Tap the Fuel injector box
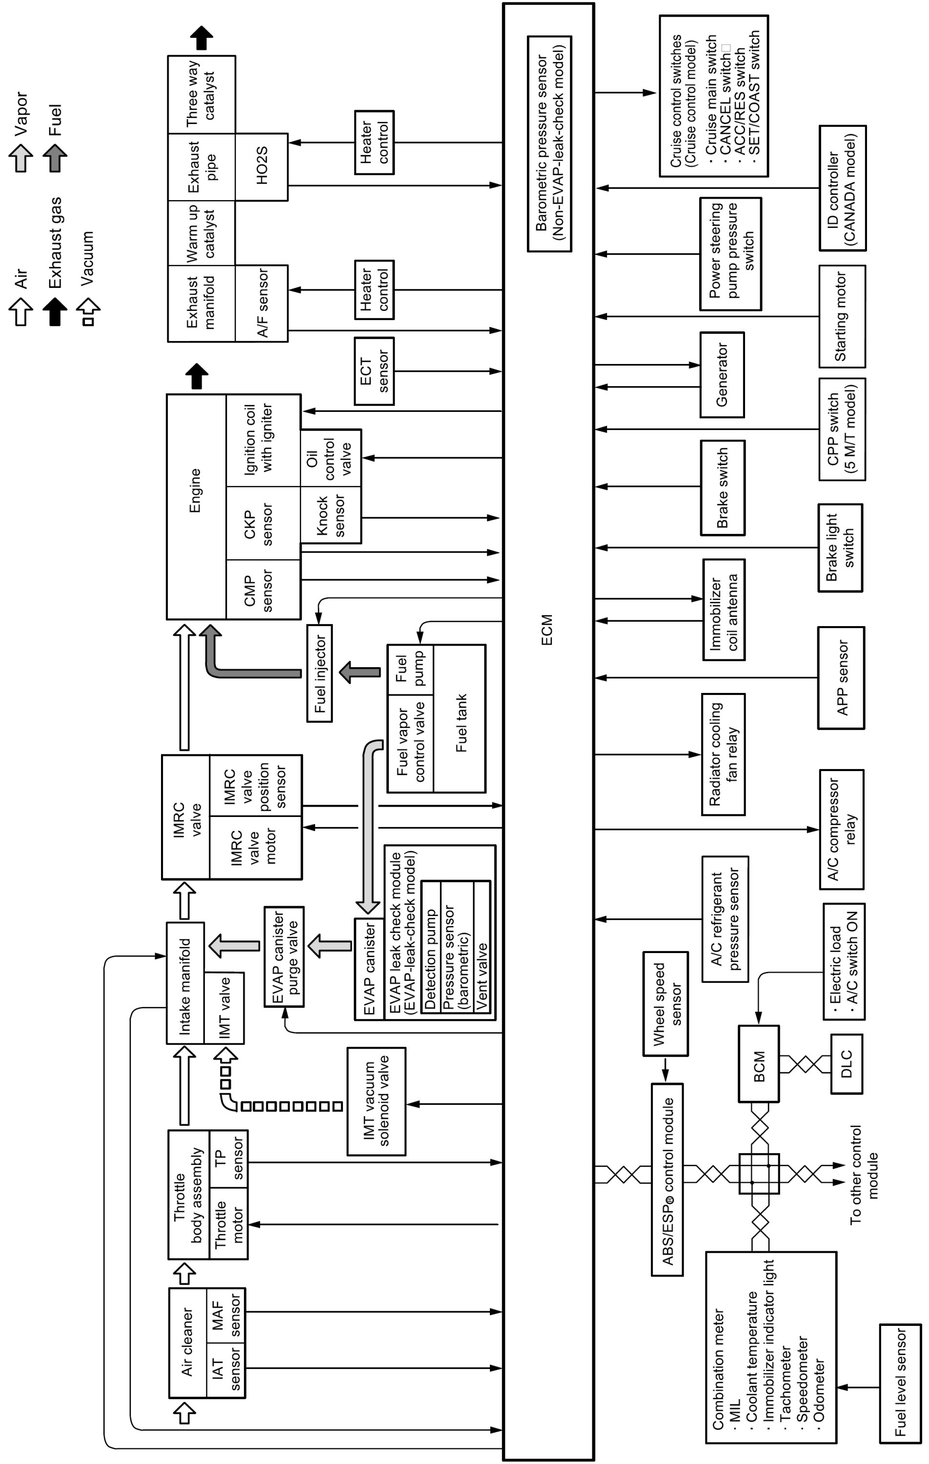pyautogui.click(x=320, y=673)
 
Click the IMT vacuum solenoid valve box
pyautogui.click(x=376, y=1101)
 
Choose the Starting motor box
pyautogui.click(x=842, y=316)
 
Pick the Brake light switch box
pyautogui.click(x=840, y=547)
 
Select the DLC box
pyautogui.click(x=847, y=1063)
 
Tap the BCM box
pyautogui.click(x=759, y=1063)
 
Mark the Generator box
pyautogui.click(x=722, y=374)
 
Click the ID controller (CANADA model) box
pyautogui.click(x=843, y=188)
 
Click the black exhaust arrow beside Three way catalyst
pyautogui.click(x=201, y=38)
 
